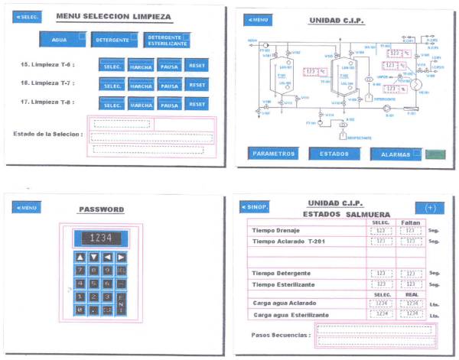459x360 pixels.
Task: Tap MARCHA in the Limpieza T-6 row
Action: tap(141, 66)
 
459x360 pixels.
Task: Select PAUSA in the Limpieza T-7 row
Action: tap(169, 85)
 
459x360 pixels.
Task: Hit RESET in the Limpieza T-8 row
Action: tap(197, 104)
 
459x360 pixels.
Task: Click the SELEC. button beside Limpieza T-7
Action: tap(112, 85)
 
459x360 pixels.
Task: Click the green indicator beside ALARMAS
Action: tap(435, 154)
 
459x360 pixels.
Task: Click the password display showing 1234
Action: tap(101, 238)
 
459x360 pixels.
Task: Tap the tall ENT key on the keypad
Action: tap(121, 303)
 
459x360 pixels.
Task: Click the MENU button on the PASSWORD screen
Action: tap(27, 207)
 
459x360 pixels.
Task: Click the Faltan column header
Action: tap(410, 222)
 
